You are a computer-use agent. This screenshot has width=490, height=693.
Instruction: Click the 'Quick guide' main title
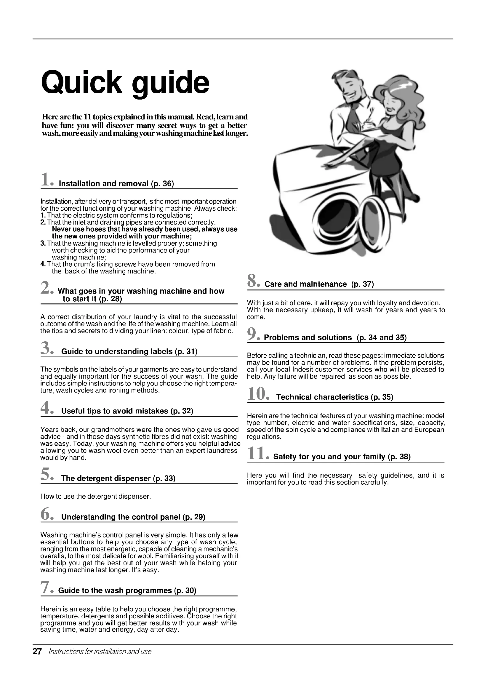click(125, 82)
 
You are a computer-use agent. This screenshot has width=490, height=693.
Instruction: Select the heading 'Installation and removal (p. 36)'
click(116, 183)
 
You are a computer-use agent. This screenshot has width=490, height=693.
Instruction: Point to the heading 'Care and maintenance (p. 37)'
click(319, 284)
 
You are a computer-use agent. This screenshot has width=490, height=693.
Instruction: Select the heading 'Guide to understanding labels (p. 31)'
click(129, 351)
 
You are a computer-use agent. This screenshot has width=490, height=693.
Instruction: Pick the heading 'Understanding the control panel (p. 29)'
click(133, 517)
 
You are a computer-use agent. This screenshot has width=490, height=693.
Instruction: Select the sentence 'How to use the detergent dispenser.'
click(95, 497)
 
